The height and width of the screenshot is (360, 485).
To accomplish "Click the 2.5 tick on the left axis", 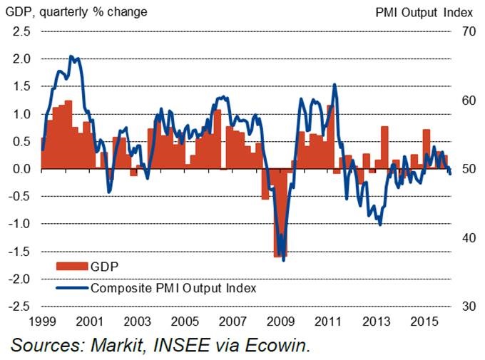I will tap(21, 32).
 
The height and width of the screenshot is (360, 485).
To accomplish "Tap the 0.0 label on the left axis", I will tap(21, 169).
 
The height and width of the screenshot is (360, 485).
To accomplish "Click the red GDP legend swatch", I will tap(71, 267).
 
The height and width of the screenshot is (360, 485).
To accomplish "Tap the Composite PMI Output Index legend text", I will tap(173, 288).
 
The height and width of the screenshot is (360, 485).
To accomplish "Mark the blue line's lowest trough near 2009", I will tap(284, 260).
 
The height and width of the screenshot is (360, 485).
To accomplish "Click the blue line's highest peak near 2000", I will tap(71, 56).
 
